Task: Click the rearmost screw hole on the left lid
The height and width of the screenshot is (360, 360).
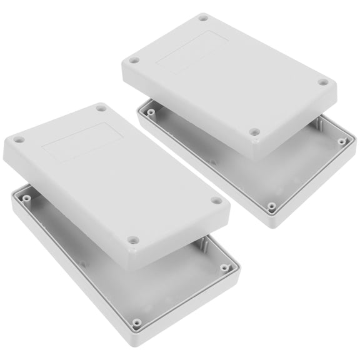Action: click(101, 109)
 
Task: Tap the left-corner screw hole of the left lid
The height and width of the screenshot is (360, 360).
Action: click(19, 140)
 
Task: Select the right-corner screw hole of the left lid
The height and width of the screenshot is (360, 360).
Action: click(216, 201)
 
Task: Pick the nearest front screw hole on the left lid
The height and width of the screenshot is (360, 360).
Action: click(132, 239)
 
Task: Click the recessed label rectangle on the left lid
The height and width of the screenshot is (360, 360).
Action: click(81, 141)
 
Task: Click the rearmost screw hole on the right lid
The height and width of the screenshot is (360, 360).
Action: click(203, 18)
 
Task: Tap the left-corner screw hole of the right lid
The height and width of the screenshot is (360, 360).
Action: click(133, 61)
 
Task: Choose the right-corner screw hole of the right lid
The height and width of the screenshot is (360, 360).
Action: click(322, 82)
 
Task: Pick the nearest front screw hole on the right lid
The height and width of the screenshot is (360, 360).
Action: click(254, 132)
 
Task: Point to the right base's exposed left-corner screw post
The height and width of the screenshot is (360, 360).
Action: click(150, 113)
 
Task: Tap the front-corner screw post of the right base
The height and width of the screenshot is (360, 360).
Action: click(272, 205)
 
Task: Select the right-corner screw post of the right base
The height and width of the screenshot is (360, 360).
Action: click(342, 141)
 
